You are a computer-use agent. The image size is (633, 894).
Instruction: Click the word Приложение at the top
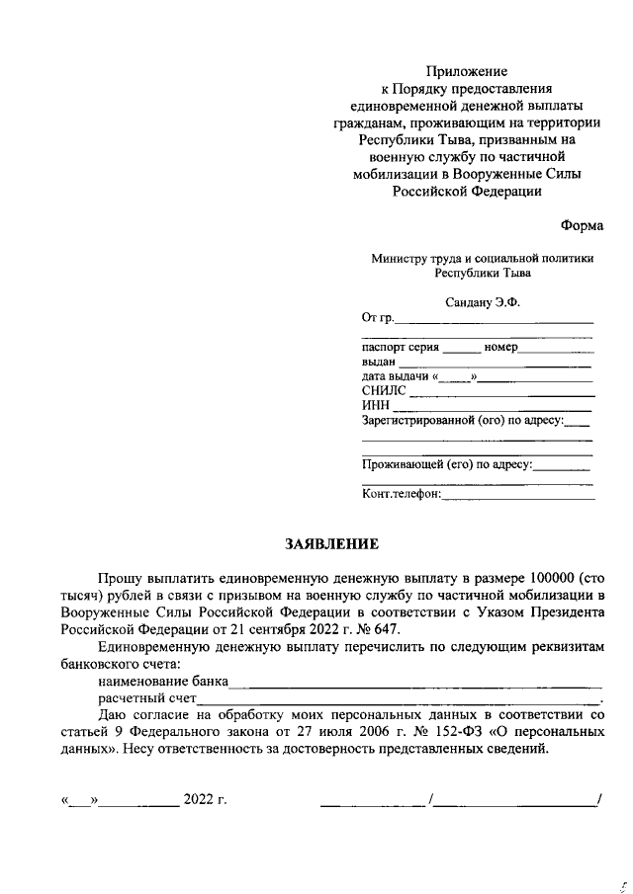[466, 71]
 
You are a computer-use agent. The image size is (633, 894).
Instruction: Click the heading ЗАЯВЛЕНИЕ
[331, 543]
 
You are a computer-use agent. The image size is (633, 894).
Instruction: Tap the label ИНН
[375, 406]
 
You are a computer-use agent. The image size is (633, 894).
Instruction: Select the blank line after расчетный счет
[396, 698]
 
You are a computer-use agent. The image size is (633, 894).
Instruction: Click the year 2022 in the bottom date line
[198, 799]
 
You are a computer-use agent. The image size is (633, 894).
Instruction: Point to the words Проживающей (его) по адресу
[447, 462]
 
